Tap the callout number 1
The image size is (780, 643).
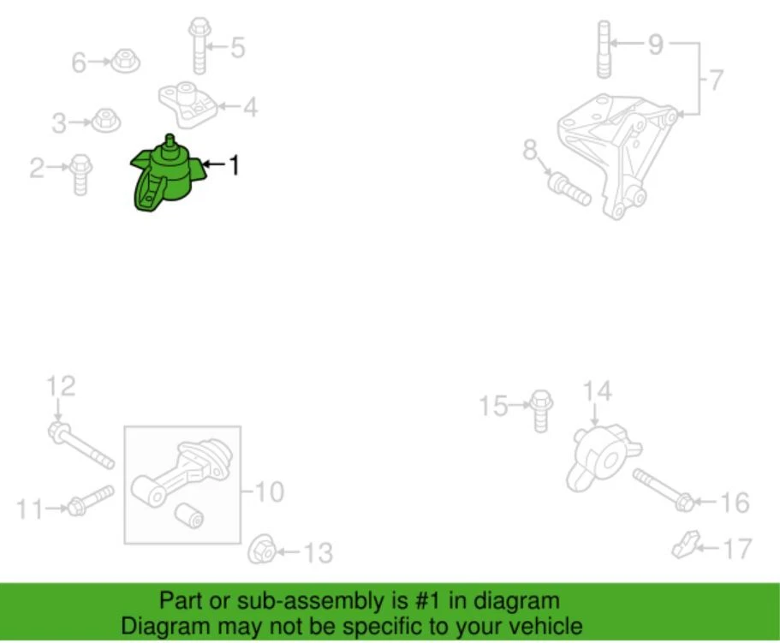point(232,164)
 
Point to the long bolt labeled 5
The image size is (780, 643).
point(126,62)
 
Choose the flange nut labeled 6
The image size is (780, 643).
point(715,80)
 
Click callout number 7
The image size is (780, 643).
point(569,188)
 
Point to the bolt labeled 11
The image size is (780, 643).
point(61,385)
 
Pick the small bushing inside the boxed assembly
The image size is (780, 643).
point(188,515)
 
